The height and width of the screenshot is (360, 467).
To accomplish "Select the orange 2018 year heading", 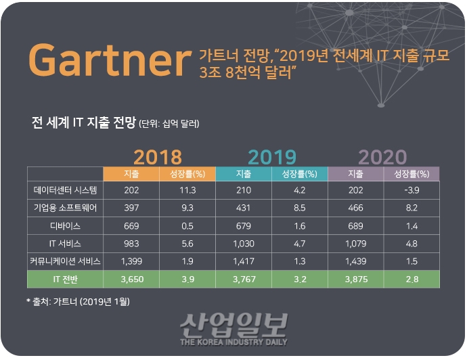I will point(158,157).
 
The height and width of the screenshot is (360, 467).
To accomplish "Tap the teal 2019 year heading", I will point(271,157).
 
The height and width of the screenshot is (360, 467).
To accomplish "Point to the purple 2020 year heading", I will point(382,157).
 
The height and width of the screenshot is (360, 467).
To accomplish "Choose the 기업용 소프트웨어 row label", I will point(65,207).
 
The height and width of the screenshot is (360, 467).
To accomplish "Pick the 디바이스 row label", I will point(65,225).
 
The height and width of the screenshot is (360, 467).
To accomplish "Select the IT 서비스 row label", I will point(65,242).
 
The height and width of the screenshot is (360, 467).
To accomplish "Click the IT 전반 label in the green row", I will point(65,278).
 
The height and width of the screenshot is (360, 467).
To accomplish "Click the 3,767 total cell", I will point(243,278).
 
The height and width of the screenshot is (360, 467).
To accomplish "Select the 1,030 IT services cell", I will point(243,242).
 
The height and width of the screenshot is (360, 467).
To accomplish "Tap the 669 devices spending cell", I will point(131,225).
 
